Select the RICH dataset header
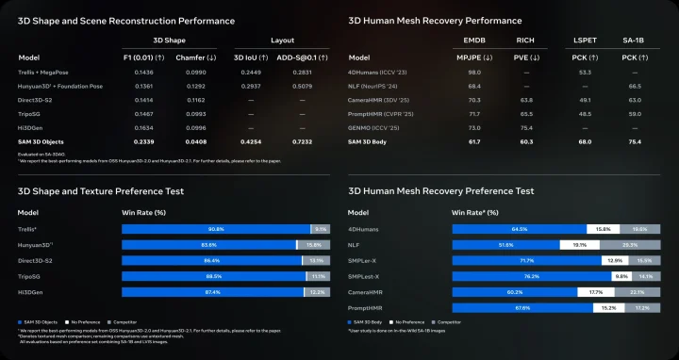pyautogui.click(x=525, y=41)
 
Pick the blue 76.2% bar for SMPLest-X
pyautogui.click(x=532, y=276)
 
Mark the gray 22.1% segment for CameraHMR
pyautogui.click(x=638, y=292)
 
